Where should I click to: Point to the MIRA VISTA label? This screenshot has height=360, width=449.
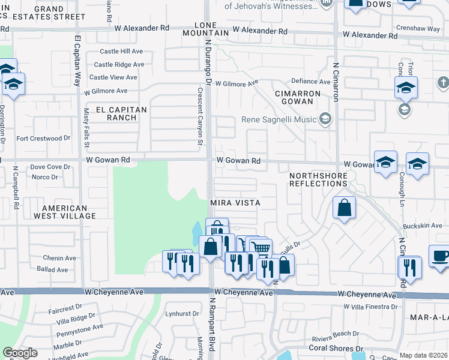tap(235, 203)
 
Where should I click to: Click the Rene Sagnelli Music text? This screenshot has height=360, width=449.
tap(279, 119)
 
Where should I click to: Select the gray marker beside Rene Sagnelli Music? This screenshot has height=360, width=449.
tap(325, 119)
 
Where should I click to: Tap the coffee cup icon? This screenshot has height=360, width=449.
tap(440, 255)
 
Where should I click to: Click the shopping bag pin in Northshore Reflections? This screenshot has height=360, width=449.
tap(345, 208)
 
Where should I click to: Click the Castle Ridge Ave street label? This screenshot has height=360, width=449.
tap(119, 65)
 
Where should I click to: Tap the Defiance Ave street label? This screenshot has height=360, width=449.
tap(311, 82)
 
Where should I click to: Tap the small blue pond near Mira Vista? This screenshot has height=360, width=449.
tap(197, 230)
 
